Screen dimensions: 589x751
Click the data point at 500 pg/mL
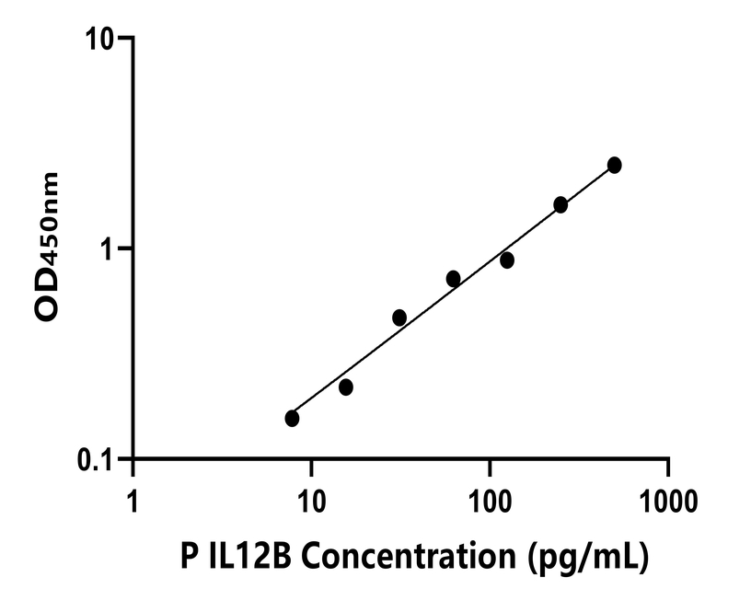point(614,165)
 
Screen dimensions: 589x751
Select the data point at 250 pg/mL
point(560,204)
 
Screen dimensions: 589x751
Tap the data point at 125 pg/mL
point(507,260)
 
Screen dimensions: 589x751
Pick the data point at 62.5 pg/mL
point(453,278)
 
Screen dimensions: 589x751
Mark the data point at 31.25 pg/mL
point(399,318)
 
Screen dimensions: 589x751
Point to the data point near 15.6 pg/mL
point(346,387)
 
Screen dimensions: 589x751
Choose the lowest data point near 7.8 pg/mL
point(292,419)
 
